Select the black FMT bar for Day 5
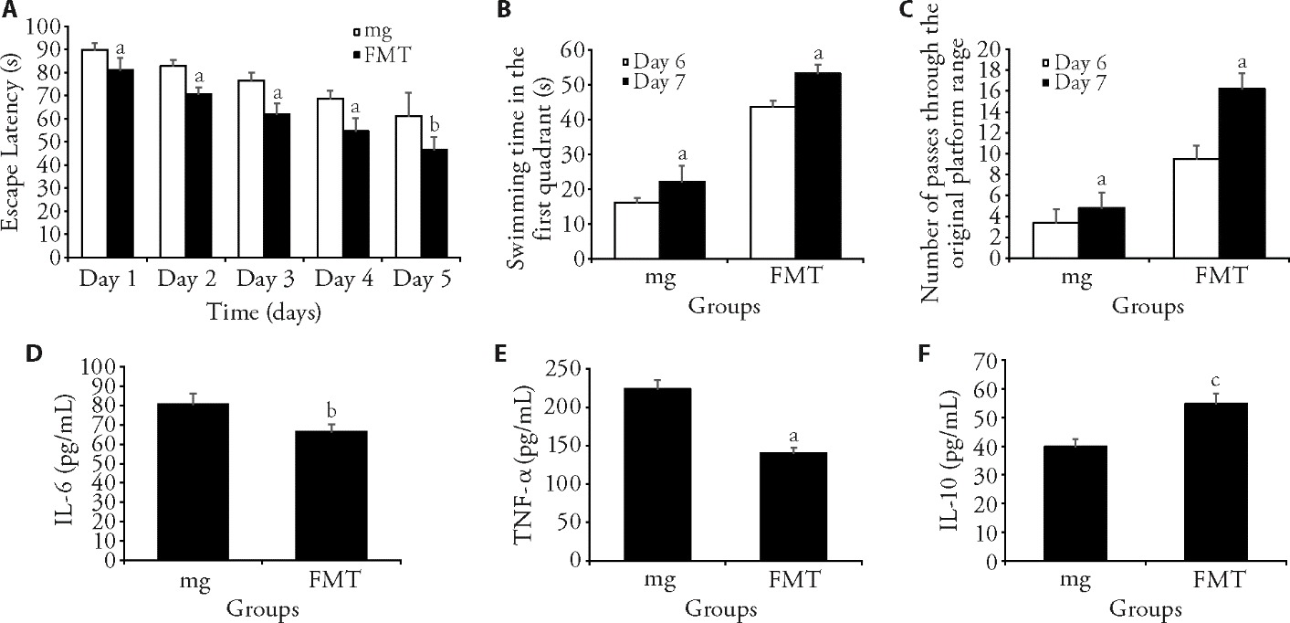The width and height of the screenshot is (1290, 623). click(407, 203)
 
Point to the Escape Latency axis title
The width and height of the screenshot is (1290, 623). click(13, 141)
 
